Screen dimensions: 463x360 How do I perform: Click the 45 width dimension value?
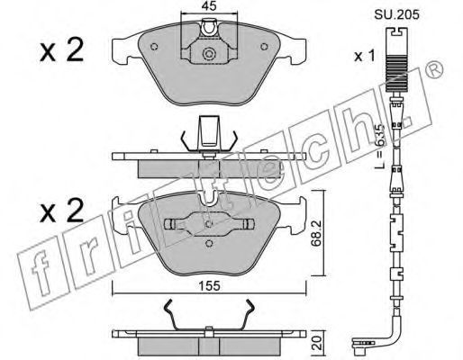click(x=209, y=6)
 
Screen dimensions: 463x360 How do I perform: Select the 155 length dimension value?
click(x=210, y=286)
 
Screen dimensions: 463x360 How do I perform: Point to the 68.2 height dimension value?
click(x=316, y=233)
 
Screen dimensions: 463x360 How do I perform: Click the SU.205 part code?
click(x=396, y=14)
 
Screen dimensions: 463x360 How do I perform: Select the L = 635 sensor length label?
click(x=380, y=146)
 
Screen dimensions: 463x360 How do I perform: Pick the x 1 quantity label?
click(x=364, y=56)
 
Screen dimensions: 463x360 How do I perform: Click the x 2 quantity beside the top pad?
click(x=61, y=50)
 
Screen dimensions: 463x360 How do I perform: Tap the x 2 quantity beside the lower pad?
click(x=61, y=211)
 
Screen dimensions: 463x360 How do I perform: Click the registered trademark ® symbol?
click(x=434, y=70)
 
